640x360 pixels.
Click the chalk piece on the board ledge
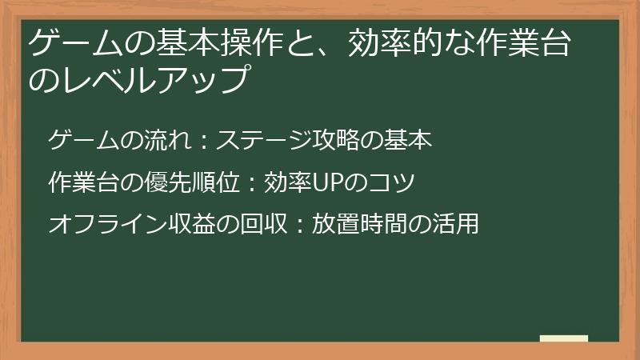[x=564, y=339]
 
